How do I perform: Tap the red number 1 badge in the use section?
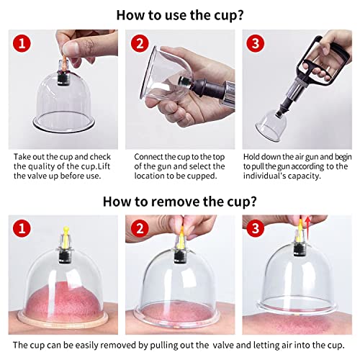tap(24, 44)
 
